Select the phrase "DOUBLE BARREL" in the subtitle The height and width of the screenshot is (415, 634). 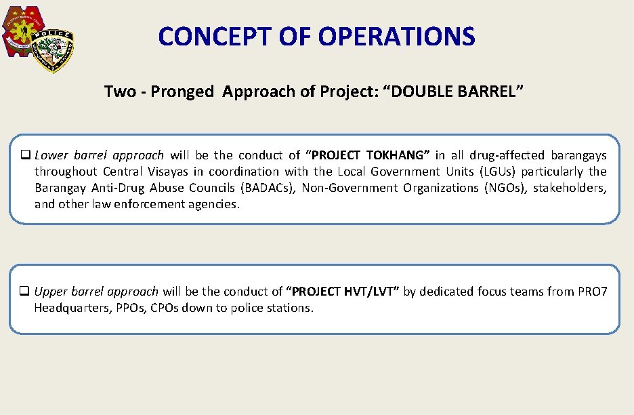[x=453, y=92]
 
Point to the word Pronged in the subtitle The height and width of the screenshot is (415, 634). [x=182, y=92]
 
